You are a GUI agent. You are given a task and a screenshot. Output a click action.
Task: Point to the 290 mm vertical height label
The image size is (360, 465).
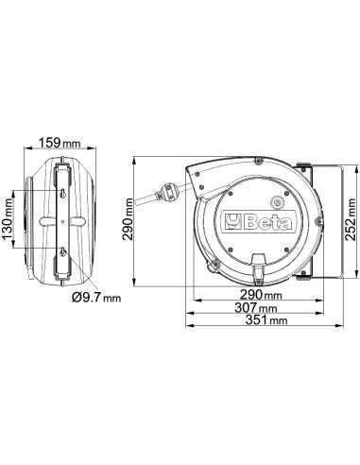click(129, 224)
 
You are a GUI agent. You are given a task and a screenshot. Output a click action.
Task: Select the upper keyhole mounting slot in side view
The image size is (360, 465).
click(61, 193)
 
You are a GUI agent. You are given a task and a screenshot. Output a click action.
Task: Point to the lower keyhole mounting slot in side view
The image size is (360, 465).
click(61, 253)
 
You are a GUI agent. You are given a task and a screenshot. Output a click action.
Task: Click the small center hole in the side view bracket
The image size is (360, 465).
click(61, 223)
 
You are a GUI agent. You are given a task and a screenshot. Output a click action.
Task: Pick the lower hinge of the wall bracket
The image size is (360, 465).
click(304, 276)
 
